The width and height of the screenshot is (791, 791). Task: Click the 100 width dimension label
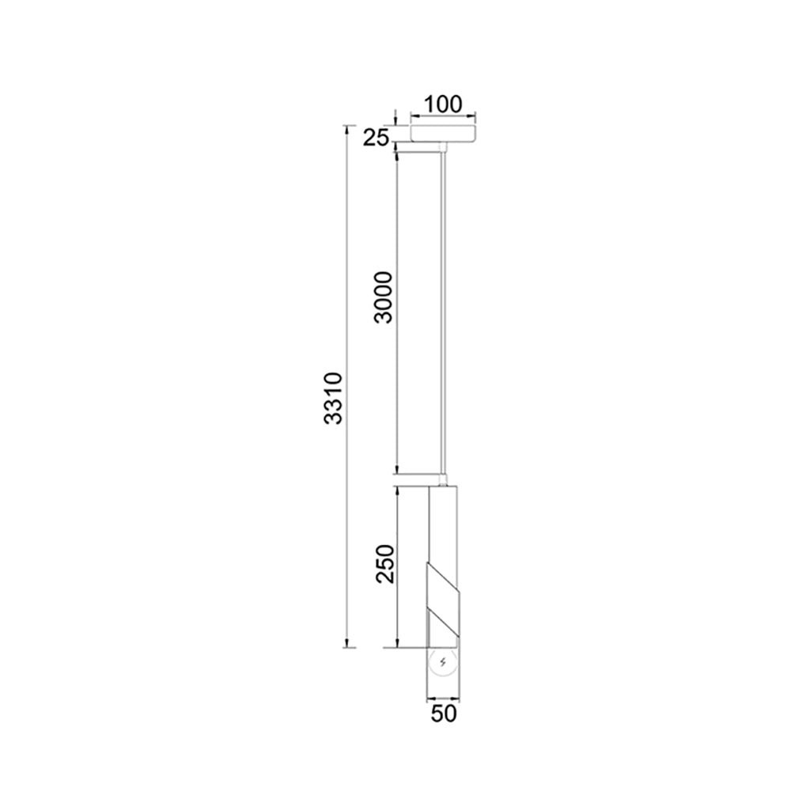coord(442,104)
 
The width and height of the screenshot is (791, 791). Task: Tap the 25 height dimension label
coord(377,137)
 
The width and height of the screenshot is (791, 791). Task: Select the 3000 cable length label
coord(383,297)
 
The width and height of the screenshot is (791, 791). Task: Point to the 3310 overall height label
coord(334,399)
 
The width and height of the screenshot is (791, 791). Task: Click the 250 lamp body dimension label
coord(385,564)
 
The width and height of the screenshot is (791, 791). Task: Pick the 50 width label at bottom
coord(444,713)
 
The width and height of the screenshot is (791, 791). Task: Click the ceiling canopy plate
coord(444,133)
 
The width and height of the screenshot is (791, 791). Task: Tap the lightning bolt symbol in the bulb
coord(443,662)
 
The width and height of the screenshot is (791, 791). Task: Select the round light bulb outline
coord(443,662)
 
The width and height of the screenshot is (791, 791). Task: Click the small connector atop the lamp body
coord(443,480)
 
